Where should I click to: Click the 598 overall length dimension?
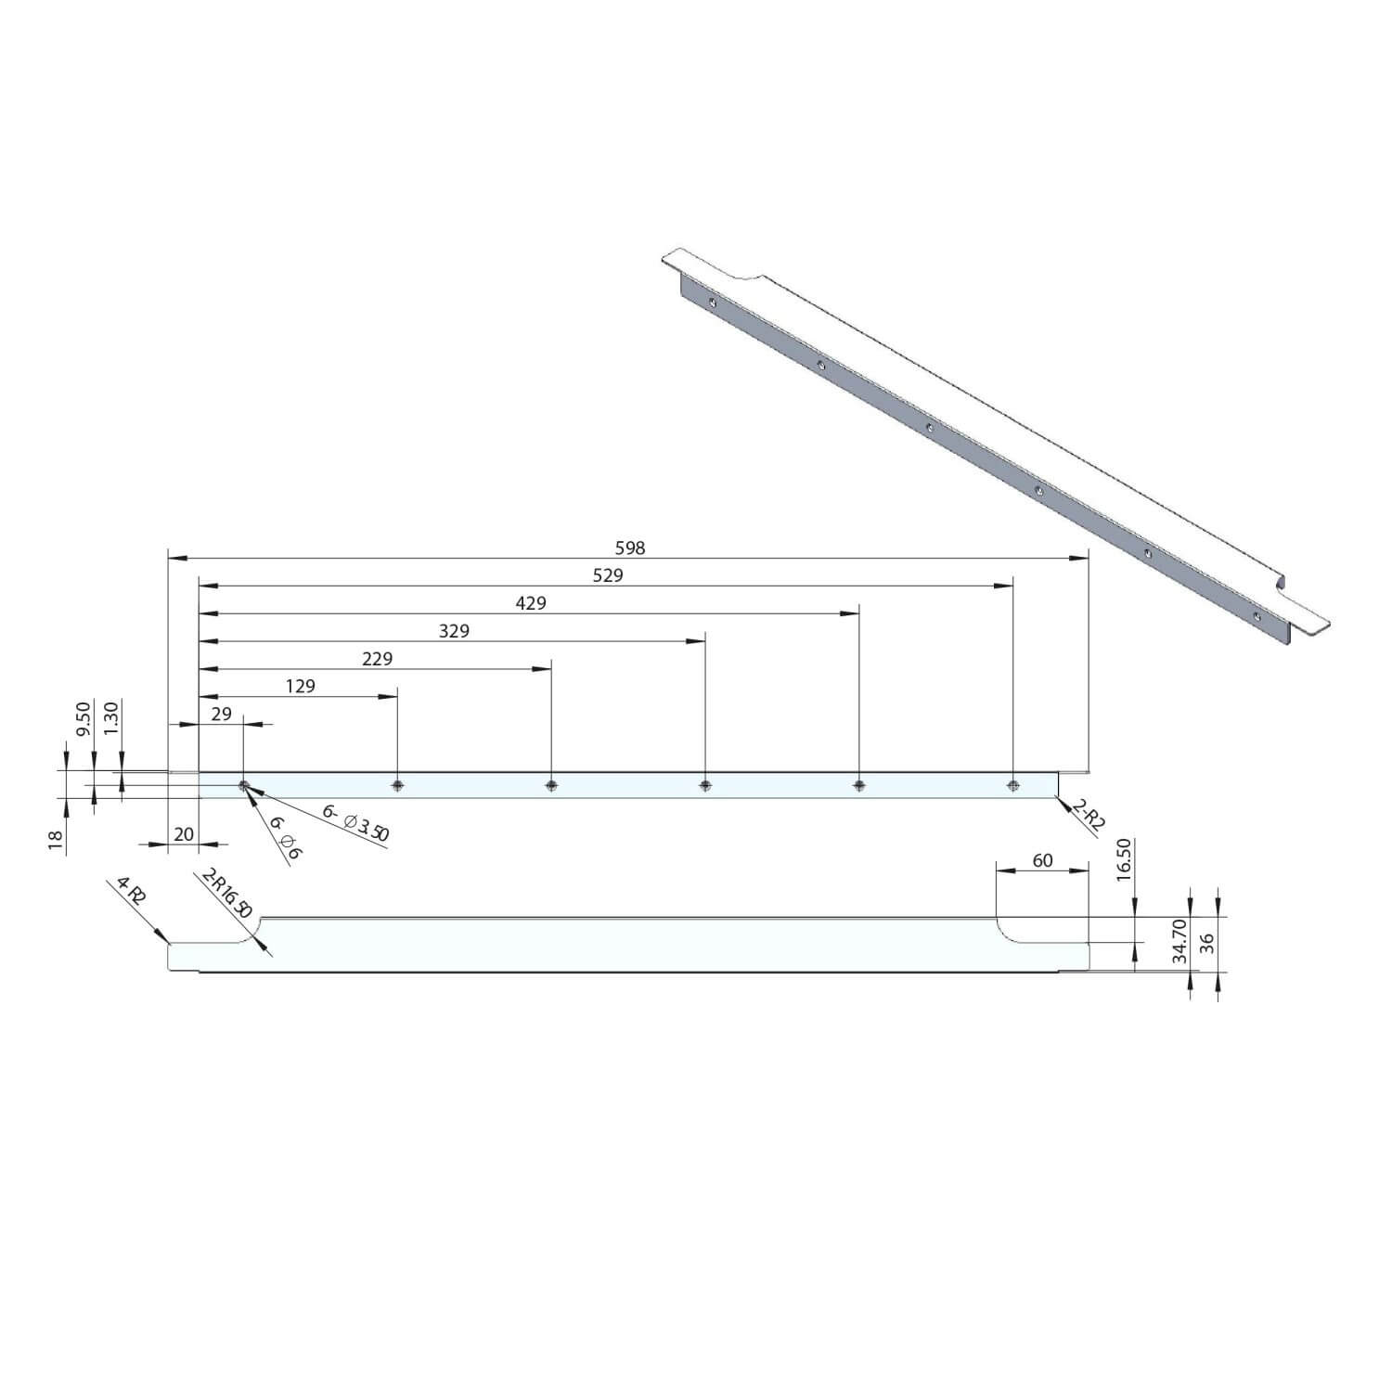point(629,548)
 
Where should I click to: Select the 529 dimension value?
point(608,575)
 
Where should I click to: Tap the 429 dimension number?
point(531,603)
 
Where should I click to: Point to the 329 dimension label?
point(454,631)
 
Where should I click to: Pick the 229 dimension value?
point(377,659)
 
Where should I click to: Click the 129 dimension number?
point(300,687)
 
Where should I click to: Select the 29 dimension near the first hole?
point(222,715)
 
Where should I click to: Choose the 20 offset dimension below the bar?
point(184,834)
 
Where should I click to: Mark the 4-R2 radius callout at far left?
point(132,892)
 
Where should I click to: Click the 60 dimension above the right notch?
point(1042,860)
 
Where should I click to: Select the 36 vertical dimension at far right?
point(1207,944)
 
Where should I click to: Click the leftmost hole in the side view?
point(243,786)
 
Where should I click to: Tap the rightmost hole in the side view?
point(1012,786)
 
